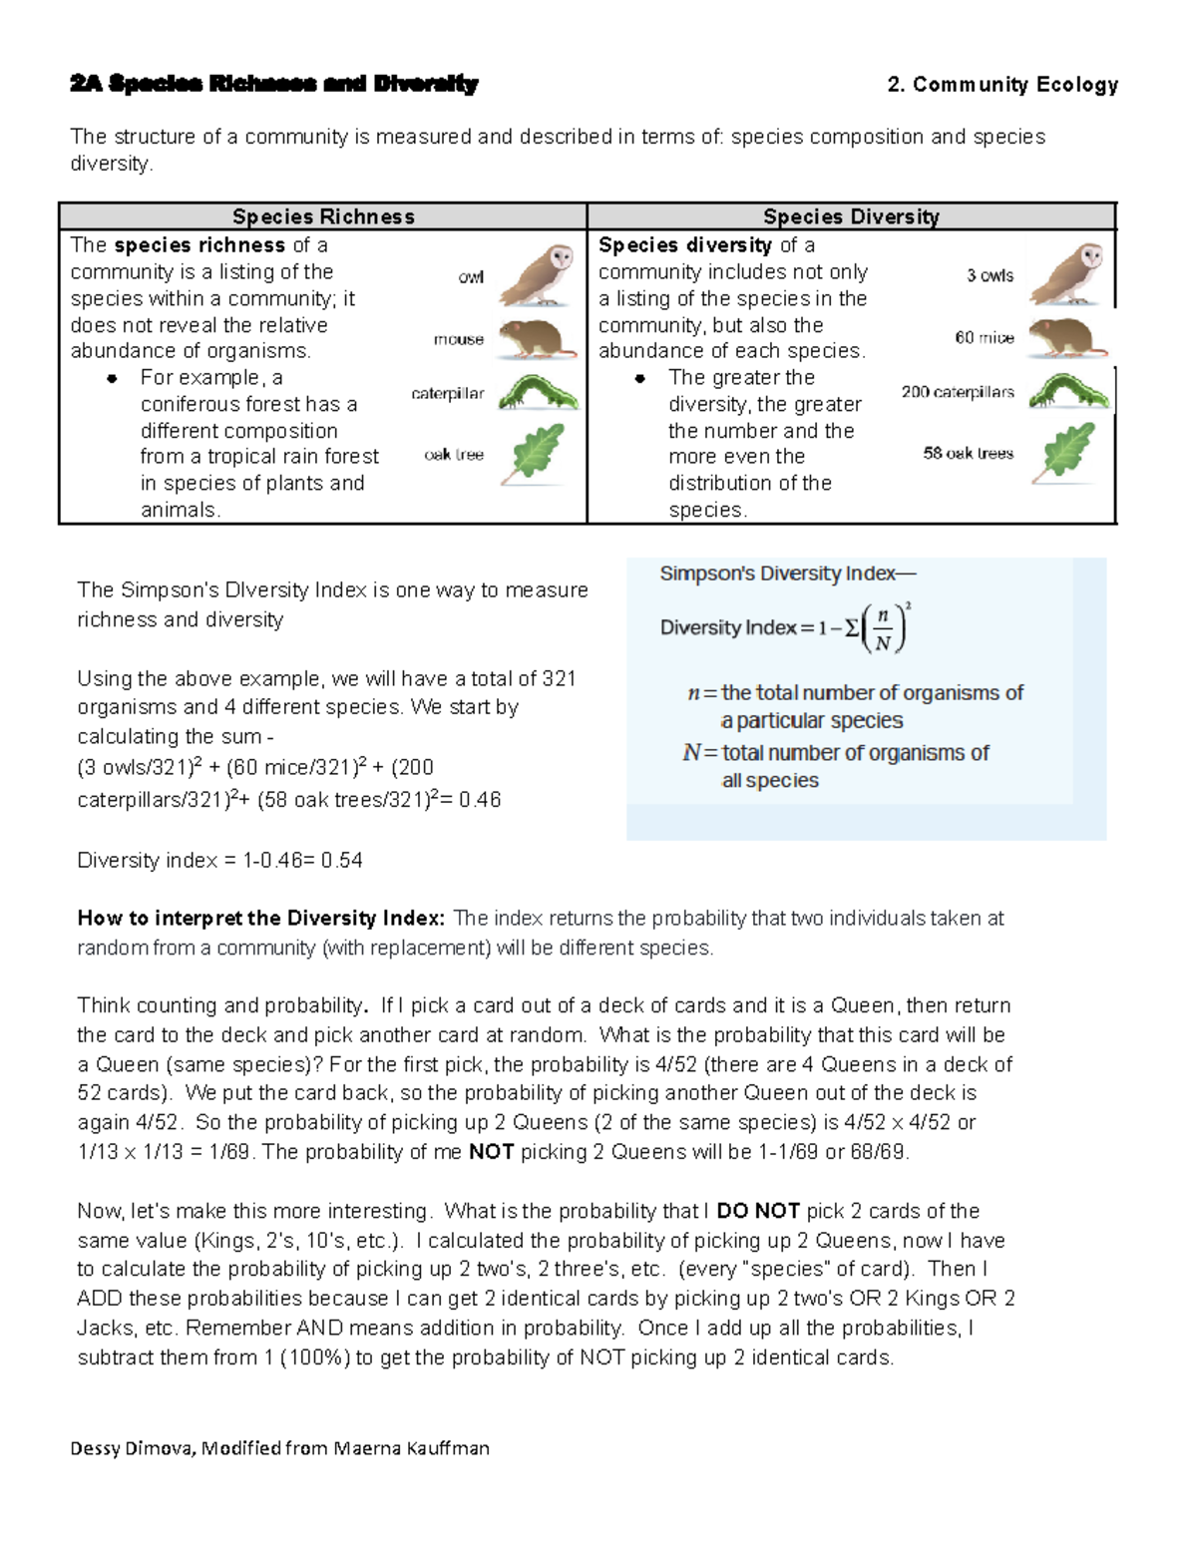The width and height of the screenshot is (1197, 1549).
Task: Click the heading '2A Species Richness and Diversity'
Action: [x=274, y=84]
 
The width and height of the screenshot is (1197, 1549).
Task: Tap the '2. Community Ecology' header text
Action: [x=1002, y=85]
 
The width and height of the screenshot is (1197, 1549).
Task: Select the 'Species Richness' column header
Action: [x=323, y=216]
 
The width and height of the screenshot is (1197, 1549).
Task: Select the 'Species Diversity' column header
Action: [x=851, y=216]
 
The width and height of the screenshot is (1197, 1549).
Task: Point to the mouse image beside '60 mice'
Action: [x=1066, y=338]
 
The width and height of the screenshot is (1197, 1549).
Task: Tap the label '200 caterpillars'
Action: [x=958, y=392]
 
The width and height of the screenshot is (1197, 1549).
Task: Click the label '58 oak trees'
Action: [x=968, y=453]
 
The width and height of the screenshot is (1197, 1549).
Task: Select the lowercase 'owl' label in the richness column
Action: [x=471, y=277]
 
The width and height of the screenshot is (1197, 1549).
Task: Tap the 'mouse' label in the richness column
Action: [x=458, y=339]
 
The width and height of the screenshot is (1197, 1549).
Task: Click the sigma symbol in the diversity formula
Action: [x=851, y=628]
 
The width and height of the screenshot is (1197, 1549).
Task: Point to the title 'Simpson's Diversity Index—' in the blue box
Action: [x=787, y=574]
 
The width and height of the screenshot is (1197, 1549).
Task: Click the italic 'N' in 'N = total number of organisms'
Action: [x=691, y=753]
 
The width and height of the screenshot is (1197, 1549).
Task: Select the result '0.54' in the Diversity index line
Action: [x=342, y=861]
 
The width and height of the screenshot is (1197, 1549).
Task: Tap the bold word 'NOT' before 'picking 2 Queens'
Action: [x=491, y=1152]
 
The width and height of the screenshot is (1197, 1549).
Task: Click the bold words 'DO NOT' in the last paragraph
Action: [x=758, y=1211]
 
